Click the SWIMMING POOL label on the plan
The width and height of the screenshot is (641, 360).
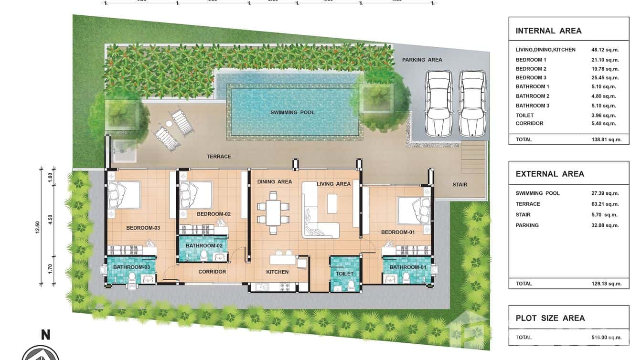tap(292, 113)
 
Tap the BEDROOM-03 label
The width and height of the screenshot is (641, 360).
tap(143, 228)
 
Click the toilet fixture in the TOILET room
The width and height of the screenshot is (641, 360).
tap(352, 285)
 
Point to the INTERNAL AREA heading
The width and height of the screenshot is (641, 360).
tap(548, 31)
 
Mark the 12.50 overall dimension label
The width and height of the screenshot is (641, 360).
tap(38, 226)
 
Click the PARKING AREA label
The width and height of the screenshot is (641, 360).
tap(422, 60)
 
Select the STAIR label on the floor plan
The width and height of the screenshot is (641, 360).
tap(459, 185)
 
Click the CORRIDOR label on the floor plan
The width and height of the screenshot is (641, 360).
tap(212, 272)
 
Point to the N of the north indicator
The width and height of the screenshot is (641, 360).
tap(45, 335)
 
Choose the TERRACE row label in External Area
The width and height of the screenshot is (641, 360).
tap(528, 204)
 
